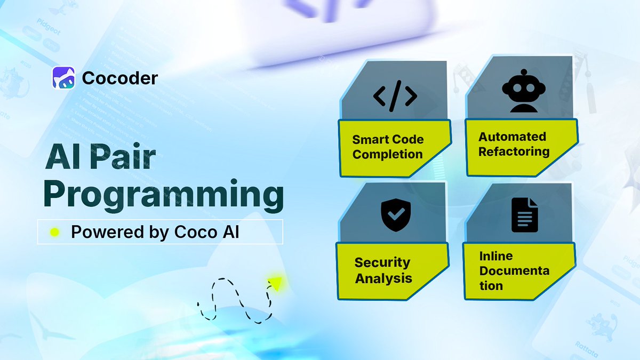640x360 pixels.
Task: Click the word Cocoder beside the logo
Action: click(x=120, y=78)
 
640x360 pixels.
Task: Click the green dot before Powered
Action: click(x=54, y=232)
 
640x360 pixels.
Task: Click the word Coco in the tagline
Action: click(x=194, y=233)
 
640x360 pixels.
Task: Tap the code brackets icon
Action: click(x=395, y=95)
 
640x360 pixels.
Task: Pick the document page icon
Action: click(x=525, y=215)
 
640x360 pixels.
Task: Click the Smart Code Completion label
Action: click(x=388, y=147)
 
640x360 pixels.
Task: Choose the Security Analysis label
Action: click(x=383, y=270)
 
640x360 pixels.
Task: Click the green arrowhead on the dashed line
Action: click(x=275, y=281)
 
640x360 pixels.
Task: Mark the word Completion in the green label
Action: click(x=388, y=155)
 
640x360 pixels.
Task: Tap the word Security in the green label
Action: click(x=382, y=262)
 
